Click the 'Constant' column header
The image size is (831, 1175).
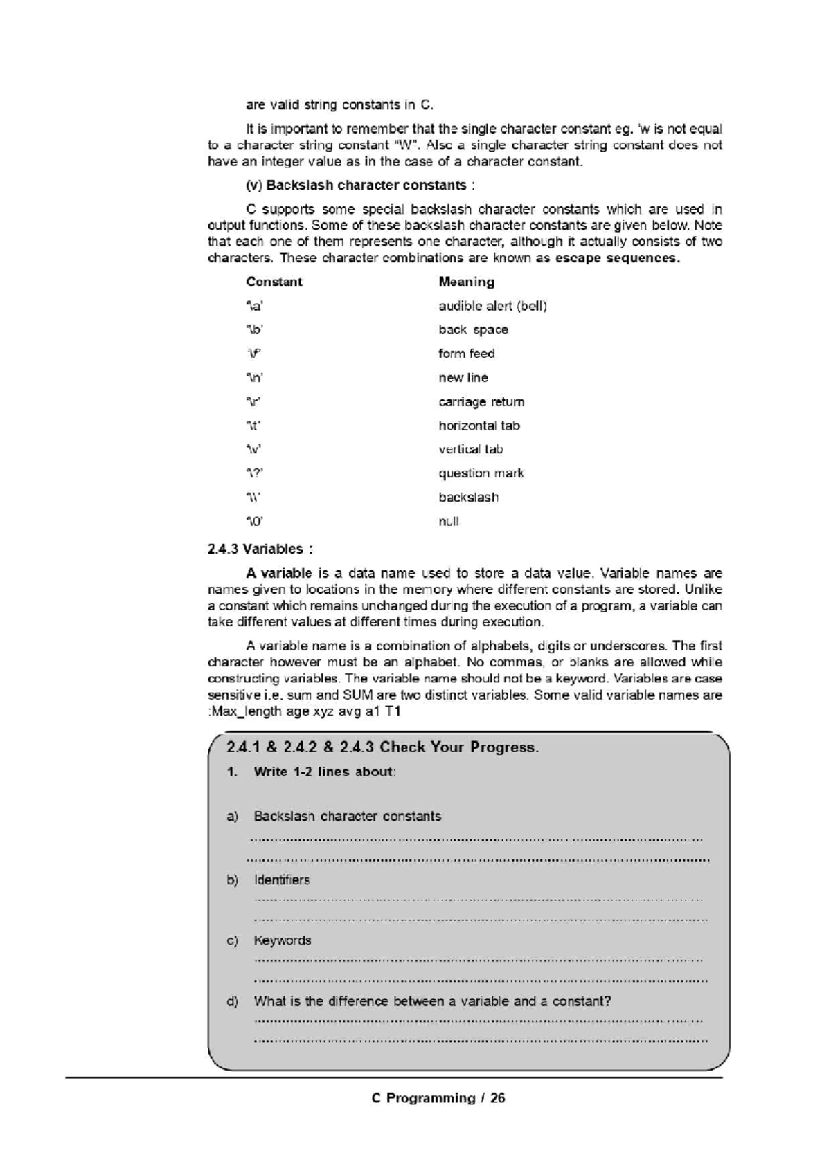coord(274,282)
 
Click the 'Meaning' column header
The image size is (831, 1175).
coord(466,282)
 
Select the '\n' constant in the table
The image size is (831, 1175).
coord(255,378)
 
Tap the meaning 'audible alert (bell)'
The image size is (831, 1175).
coord(492,306)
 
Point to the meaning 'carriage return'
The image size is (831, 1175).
coord(481,402)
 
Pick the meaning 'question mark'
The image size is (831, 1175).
coord(481,473)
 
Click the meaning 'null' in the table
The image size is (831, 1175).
coord(448,521)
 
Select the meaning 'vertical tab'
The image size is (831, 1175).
coord(470,449)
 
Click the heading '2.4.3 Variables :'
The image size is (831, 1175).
coord(260,549)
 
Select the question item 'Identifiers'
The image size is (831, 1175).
coord(281,880)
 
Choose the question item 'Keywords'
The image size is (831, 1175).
coord(282,940)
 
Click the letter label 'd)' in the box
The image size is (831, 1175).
coord(232,1001)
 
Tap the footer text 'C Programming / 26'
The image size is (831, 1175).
coord(438,1098)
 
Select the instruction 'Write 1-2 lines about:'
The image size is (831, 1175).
coord(324,772)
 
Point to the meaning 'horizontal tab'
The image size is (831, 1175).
coord(479,426)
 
